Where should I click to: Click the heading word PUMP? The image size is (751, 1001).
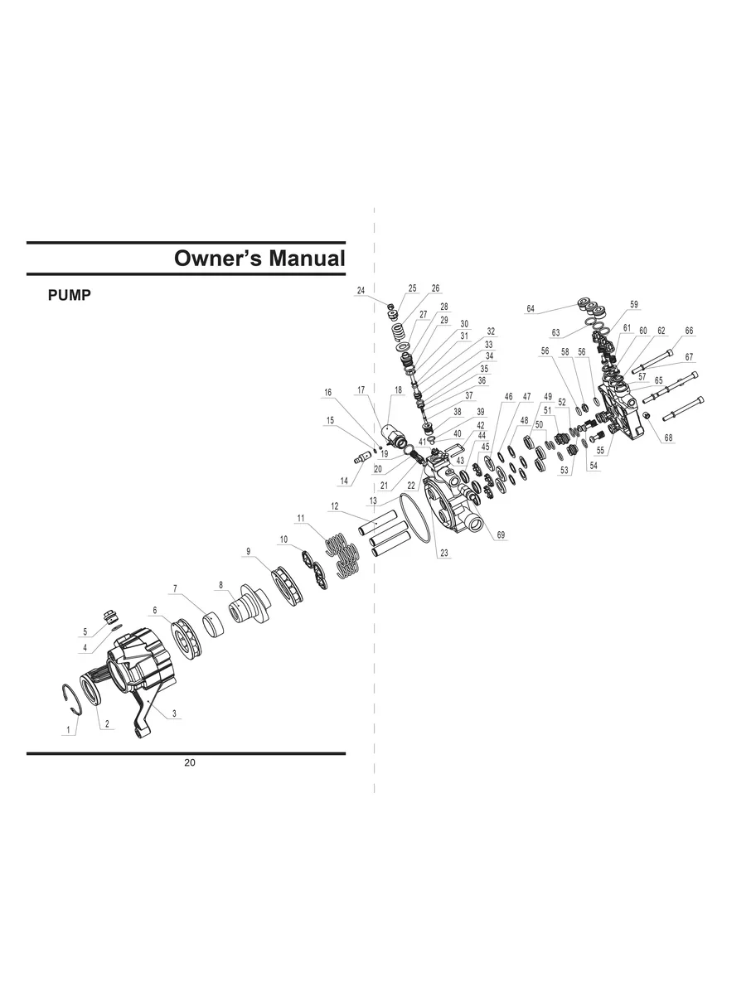70,295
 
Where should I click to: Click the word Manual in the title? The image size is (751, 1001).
307,258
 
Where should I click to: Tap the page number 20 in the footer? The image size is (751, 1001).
190,762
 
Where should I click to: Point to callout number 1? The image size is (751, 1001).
69,730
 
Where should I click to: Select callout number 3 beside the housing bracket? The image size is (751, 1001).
174,713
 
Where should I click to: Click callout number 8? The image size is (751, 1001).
221,585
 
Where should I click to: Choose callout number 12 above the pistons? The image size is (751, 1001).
335,506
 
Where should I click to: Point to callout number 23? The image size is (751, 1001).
444,554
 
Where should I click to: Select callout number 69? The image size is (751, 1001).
501,535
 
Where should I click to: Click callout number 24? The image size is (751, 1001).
361,291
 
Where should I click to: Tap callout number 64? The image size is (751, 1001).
531,309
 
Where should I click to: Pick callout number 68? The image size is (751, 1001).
668,438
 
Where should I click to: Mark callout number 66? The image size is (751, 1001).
689,331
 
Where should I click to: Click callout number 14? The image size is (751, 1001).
344,481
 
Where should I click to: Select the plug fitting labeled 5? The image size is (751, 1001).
110,617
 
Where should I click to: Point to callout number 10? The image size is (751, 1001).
283,539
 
